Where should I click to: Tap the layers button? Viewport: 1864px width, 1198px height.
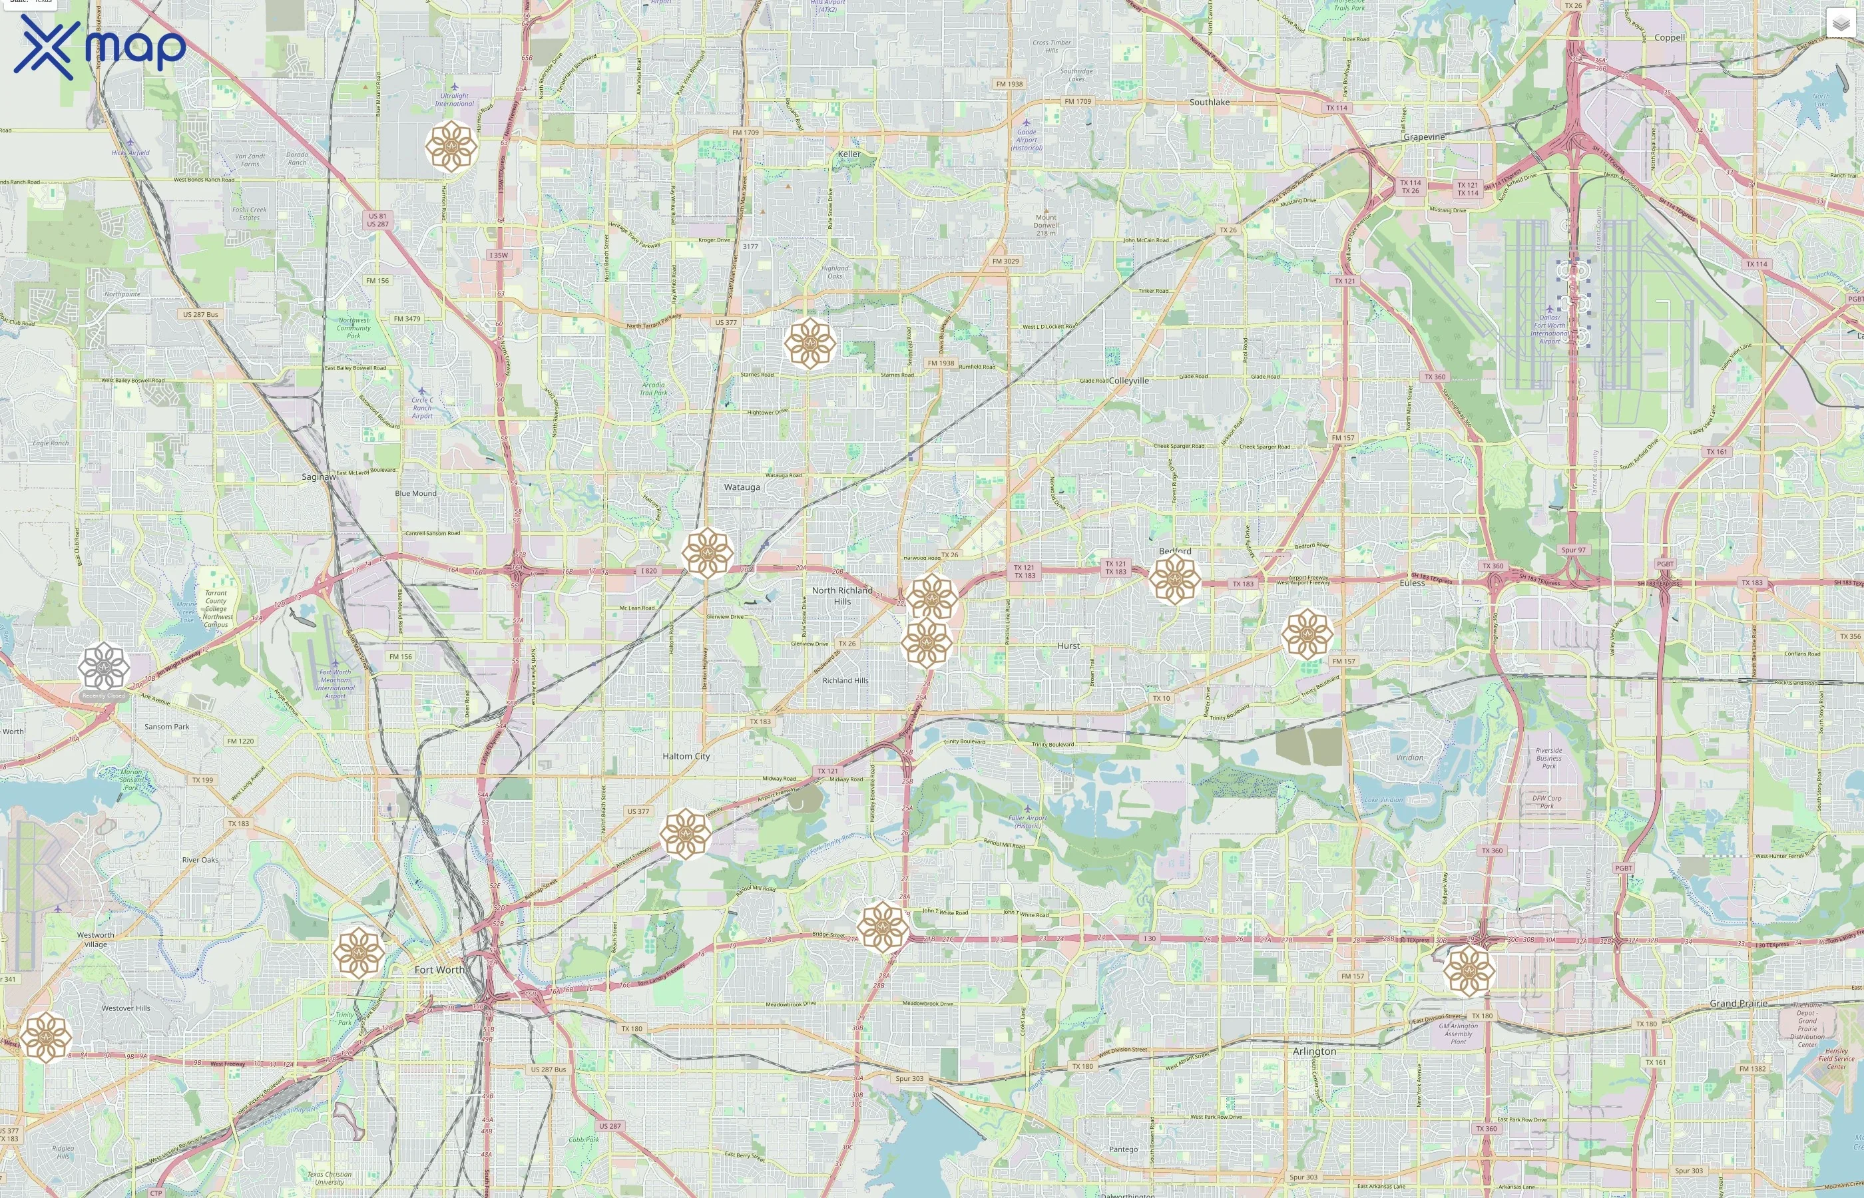tap(1840, 24)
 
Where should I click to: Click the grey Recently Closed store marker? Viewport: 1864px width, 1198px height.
tap(103, 668)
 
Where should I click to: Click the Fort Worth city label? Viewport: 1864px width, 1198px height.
tap(439, 969)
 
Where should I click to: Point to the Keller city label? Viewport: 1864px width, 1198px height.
tap(849, 154)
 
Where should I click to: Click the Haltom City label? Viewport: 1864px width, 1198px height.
tap(686, 756)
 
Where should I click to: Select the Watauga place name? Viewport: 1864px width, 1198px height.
tap(742, 487)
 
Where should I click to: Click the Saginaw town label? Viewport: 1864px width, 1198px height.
tap(319, 476)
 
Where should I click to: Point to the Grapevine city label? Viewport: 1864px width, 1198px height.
tap(1424, 137)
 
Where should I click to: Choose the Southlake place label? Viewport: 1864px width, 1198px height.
tap(1209, 102)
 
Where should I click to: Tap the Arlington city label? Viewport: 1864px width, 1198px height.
tap(1314, 1051)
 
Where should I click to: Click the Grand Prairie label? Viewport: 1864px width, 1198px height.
tap(1738, 1004)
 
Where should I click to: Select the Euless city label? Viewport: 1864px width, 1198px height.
tap(1412, 582)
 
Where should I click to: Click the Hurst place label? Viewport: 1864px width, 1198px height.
tap(1068, 646)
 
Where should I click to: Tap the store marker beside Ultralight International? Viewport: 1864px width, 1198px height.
tap(451, 146)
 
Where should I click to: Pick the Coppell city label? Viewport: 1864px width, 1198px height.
tap(1670, 37)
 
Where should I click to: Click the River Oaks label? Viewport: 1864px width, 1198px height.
tap(200, 860)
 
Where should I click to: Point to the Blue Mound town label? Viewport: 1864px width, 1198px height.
tap(415, 493)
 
